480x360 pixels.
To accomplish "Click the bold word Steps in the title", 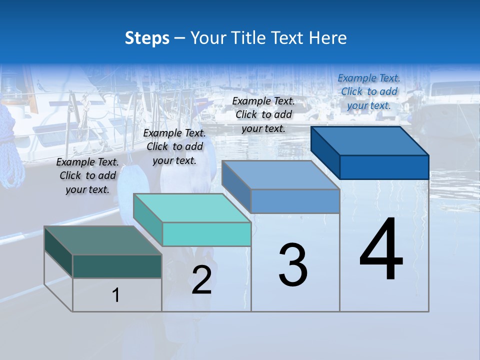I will [x=147, y=38].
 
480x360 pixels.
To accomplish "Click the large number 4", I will [x=381, y=250].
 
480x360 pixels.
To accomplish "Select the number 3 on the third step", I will [x=293, y=265].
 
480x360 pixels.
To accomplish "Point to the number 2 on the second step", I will [x=201, y=280].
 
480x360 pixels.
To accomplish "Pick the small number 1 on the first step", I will [x=116, y=295].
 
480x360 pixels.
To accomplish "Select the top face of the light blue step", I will [x=280, y=174].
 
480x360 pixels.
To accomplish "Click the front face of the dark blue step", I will [x=384, y=167].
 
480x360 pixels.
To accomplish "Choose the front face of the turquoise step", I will [x=206, y=234].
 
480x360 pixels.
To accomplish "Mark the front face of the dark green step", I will [x=117, y=266].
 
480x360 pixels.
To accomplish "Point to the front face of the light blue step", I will [x=295, y=201].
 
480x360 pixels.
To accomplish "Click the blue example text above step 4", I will [x=369, y=91].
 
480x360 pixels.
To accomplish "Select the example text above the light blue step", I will [x=263, y=114].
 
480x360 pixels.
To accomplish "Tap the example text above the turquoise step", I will [x=174, y=146].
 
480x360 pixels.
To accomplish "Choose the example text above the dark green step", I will [x=87, y=175].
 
